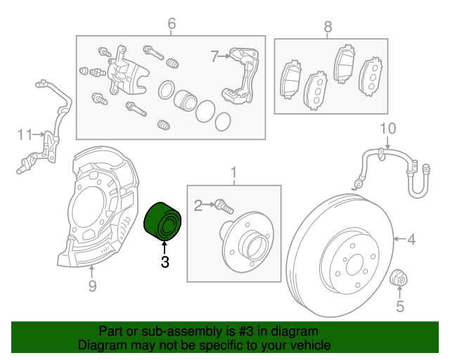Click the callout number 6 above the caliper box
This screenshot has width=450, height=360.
tap(171, 25)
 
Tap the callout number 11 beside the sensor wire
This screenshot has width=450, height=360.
tap(25, 134)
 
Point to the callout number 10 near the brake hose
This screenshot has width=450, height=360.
tap(388, 129)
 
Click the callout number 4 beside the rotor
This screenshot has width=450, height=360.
tap(411, 240)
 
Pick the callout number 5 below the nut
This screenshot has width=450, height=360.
tap(400, 306)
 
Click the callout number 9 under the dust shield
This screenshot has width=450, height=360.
tap(92, 285)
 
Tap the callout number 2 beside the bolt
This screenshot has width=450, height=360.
tap(198, 205)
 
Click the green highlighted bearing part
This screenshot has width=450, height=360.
tap(163, 221)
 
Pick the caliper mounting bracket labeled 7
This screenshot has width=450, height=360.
tap(240, 77)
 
